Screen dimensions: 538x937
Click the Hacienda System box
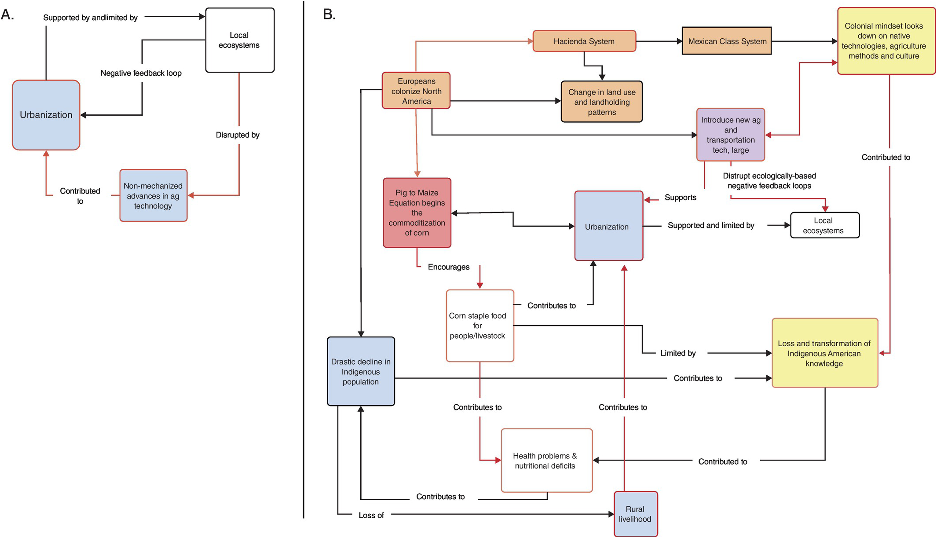584,41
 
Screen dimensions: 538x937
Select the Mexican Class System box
727,41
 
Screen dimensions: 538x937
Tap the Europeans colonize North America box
416,91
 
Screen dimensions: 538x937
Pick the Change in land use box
601,102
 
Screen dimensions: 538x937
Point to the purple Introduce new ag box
730,135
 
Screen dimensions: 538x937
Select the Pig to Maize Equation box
417,212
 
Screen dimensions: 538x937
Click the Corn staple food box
479,326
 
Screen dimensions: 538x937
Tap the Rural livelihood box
635,513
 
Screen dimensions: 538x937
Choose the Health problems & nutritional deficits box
546,460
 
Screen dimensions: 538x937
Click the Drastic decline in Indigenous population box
361,371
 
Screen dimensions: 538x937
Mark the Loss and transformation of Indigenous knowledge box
824,353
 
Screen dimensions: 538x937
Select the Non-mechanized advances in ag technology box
153,195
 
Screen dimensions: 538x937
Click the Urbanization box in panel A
46,115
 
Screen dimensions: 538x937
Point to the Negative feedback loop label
141,73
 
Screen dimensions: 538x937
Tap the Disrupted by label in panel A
238,135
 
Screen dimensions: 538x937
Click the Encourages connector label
448,267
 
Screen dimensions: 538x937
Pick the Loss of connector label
371,515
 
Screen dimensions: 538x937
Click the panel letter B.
329,15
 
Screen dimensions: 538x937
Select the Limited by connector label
677,353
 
